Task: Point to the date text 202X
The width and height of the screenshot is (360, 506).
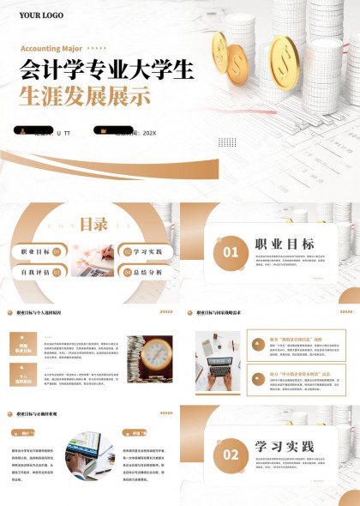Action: [x=149, y=133]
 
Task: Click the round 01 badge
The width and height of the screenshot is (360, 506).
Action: [x=231, y=252]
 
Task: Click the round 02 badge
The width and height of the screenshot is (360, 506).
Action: [x=231, y=454]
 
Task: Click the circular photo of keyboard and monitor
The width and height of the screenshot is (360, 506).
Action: [x=89, y=455]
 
